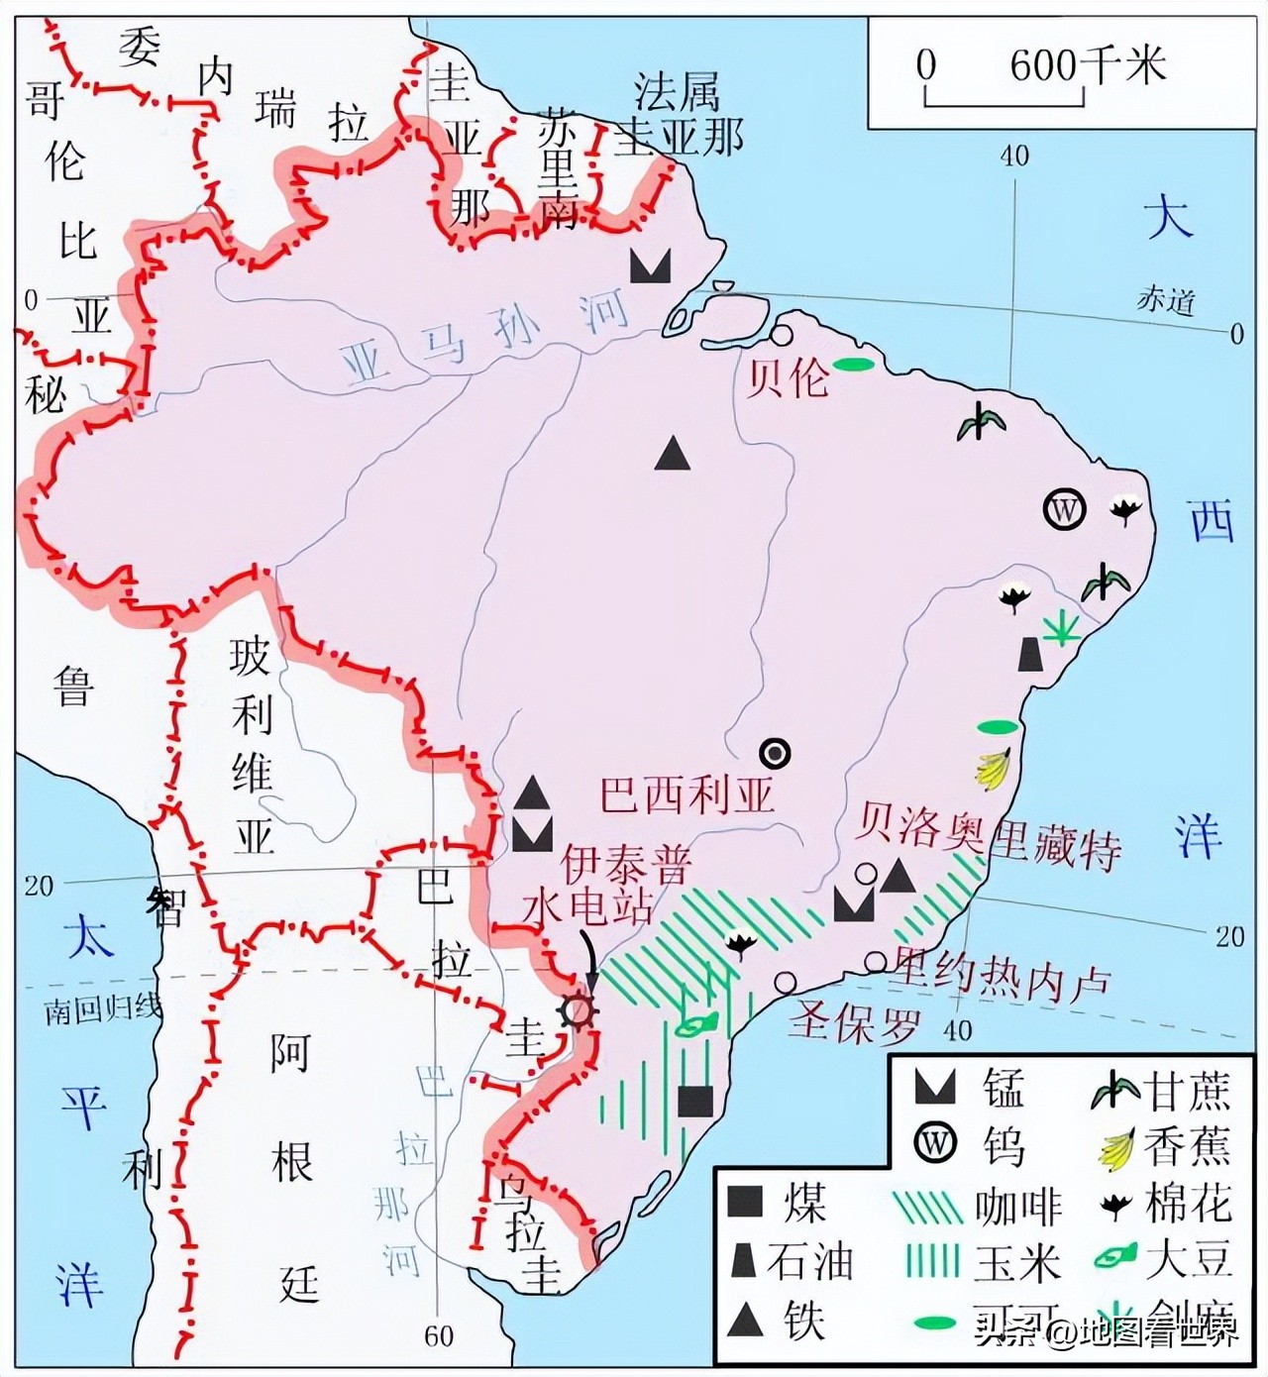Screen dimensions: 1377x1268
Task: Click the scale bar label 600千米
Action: tap(1088, 65)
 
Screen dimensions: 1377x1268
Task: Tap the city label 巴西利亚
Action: tap(687, 794)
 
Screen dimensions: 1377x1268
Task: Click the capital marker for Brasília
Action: tap(775, 754)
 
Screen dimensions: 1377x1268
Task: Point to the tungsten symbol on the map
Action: tap(1065, 510)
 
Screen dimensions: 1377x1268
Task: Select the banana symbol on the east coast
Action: tap(994, 770)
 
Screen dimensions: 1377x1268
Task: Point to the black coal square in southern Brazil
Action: tap(695, 1101)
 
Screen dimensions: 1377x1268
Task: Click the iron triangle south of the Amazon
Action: tap(673, 454)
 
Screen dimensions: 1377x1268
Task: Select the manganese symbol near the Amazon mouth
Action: tap(651, 266)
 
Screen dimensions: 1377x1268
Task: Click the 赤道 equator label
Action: tap(1165, 300)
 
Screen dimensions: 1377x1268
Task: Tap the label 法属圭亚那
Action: tap(678, 117)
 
